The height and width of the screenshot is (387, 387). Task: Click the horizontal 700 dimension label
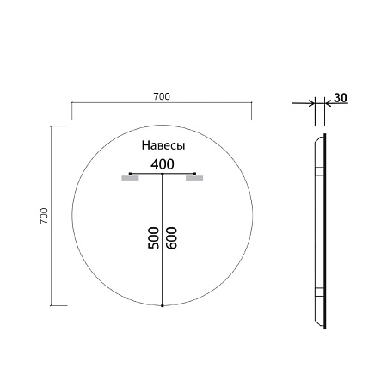(x=161, y=95)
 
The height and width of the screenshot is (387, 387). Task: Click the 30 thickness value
(x=340, y=98)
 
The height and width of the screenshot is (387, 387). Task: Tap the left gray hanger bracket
(x=130, y=180)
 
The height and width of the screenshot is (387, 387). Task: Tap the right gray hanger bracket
(x=194, y=180)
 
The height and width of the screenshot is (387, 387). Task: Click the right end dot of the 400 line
(x=195, y=175)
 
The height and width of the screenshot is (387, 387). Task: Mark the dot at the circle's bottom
(x=163, y=305)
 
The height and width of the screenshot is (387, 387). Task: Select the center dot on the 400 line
(x=163, y=175)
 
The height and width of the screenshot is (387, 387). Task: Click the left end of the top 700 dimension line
(x=71, y=104)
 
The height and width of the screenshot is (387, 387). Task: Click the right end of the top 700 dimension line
(x=251, y=104)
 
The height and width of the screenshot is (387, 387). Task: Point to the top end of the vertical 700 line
(x=53, y=126)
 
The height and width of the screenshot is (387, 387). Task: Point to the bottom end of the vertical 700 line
(x=53, y=305)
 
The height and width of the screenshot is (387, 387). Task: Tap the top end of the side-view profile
(x=323, y=135)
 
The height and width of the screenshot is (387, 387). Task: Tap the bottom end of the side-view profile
(x=323, y=328)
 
